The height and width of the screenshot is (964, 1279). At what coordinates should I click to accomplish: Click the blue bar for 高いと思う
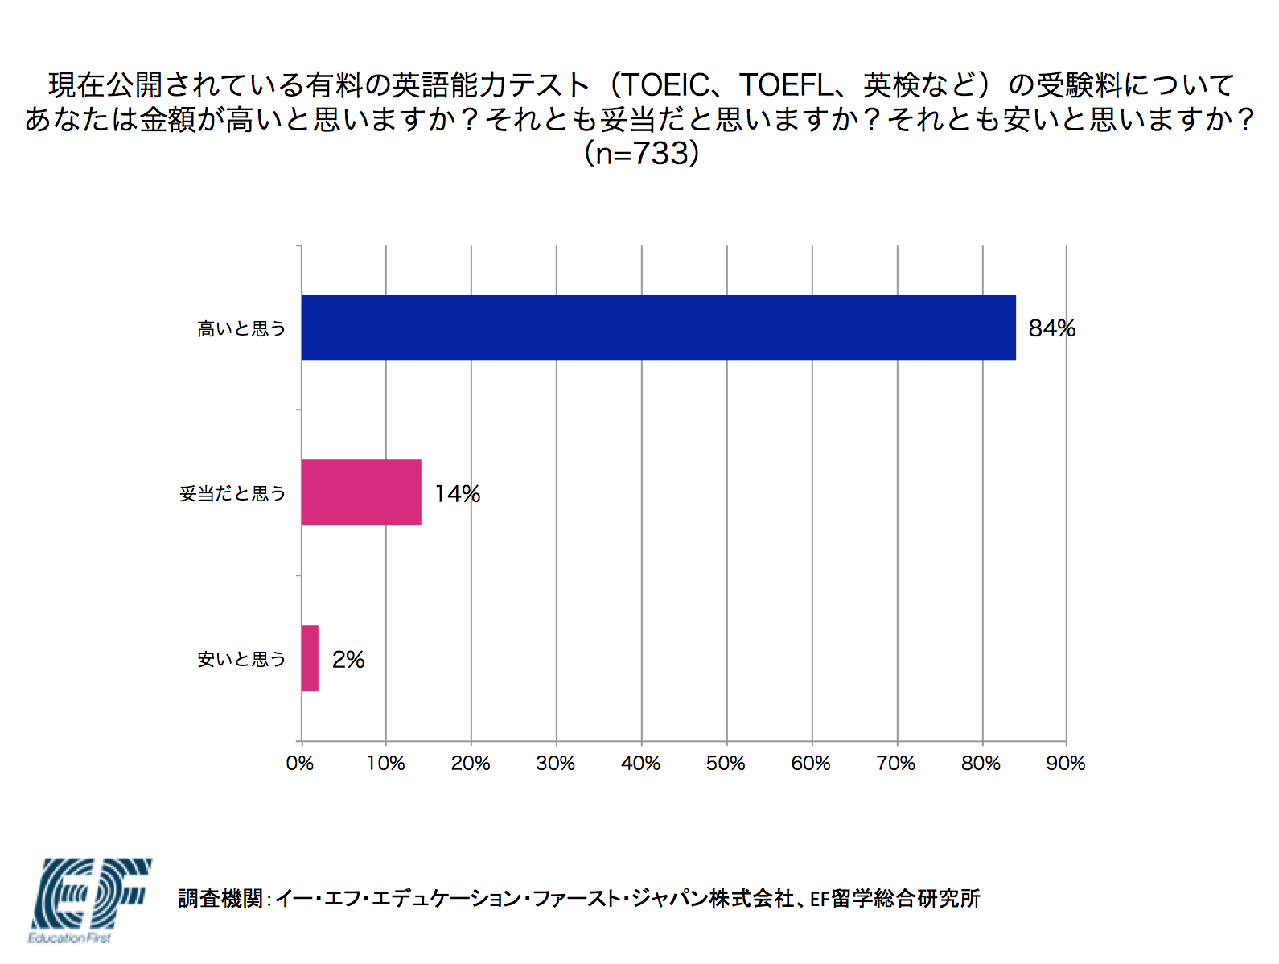[658, 328]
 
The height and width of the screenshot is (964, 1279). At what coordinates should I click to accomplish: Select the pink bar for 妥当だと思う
[361, 492]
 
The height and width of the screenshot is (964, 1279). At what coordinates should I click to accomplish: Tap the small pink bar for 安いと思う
[310, 658]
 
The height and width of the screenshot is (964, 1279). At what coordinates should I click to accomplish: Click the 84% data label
[1051, 328]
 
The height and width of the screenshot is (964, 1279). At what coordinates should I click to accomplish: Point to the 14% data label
[457, 493]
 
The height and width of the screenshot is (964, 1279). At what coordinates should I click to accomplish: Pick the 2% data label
[348, 660]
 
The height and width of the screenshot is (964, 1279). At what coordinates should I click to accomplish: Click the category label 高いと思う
[241, 328]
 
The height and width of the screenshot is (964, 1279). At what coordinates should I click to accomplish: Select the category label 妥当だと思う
[232, 493]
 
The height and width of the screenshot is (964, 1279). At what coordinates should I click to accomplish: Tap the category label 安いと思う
[241, 660]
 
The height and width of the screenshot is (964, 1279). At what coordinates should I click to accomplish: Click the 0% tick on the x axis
[300, 763]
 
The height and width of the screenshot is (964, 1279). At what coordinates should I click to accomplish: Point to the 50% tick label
[726, 763]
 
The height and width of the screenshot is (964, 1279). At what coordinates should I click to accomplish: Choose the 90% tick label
[1065, 763]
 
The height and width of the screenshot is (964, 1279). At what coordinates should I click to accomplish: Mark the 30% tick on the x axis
[555, 763]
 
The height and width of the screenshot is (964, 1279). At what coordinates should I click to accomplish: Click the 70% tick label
[895, 763]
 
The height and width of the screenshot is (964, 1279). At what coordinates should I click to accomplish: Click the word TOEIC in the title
[665, 84]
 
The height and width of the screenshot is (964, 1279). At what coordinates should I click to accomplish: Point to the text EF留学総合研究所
[894, 898]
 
